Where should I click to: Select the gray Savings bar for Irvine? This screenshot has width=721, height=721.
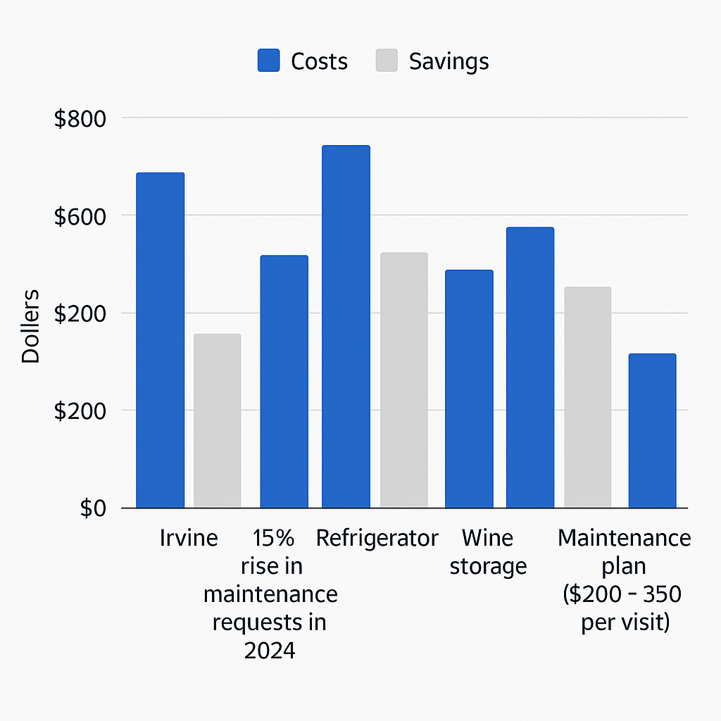pos(218,420)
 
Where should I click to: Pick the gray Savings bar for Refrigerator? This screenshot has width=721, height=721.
pos(403,380)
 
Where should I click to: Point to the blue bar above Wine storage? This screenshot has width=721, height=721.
pos(469,389)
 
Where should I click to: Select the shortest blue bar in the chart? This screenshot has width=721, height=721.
pos(652,430)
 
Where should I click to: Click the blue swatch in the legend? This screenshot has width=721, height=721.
pos(268,61)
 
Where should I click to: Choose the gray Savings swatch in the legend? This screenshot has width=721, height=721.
pos(387,61)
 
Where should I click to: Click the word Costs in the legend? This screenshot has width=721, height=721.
pos(319,61)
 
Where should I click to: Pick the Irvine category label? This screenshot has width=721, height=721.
pos(189,539)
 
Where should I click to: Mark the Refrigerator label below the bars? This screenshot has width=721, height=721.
pos(377,539)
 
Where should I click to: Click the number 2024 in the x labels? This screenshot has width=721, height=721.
pos(270,651)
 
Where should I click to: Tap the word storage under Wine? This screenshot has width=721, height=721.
pos(488,566)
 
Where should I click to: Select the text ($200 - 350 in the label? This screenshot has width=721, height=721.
pos(622,594)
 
